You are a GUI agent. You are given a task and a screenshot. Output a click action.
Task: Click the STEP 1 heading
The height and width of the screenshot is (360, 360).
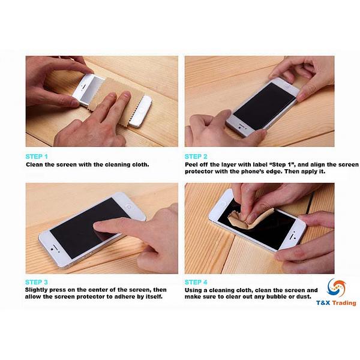tap(37, 156)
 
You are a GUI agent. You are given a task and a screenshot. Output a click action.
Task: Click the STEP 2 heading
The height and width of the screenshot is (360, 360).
tap(197, 156)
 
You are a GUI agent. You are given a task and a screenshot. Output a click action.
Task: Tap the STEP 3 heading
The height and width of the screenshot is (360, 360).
tap(37, 281)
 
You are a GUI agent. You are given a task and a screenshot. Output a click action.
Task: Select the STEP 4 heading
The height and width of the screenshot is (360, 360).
tap(197, 281)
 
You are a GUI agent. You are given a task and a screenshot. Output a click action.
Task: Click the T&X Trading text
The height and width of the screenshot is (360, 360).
tap(336, 303)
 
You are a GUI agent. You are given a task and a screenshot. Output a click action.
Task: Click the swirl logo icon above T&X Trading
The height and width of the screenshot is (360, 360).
tap(336, 287)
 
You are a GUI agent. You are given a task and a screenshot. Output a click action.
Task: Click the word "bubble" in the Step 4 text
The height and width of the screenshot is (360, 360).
tap(272, 297)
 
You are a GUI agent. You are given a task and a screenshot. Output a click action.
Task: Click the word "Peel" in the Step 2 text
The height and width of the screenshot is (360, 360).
tap(191, 164)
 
